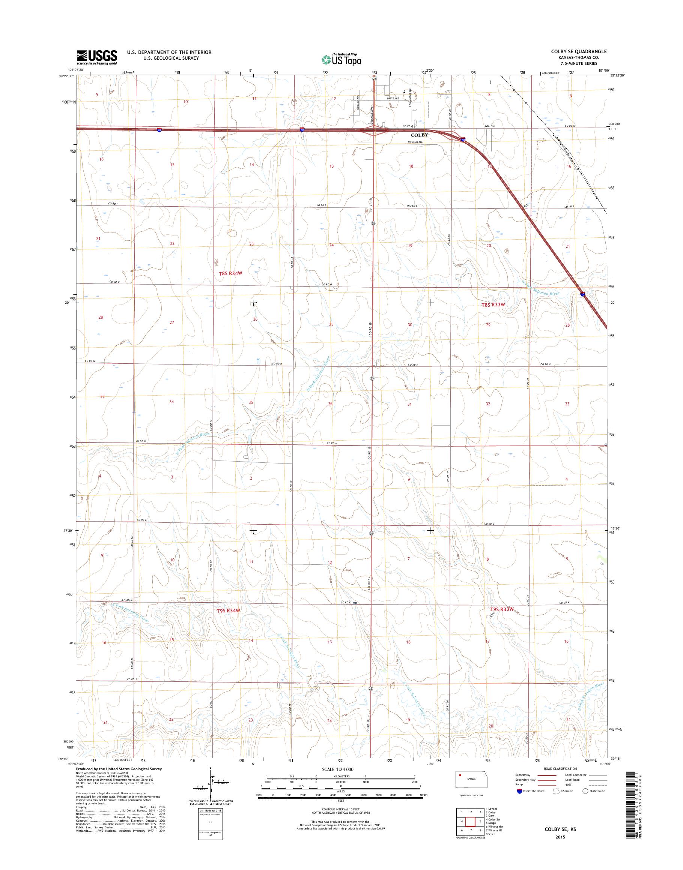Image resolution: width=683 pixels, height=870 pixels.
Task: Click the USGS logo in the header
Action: tap(97, 57)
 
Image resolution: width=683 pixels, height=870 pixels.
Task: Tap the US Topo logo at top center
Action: tap(341, 59)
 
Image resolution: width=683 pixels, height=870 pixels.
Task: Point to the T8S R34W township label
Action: tap(231, 274)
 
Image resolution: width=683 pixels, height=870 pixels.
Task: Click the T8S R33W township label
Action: tap(493, 304)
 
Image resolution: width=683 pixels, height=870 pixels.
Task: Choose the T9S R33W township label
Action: tap(502, 620)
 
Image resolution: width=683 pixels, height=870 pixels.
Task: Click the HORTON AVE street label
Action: tap(415, 142)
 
